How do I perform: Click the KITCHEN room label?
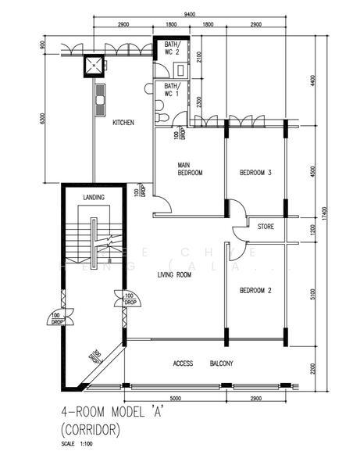tap(123, 123)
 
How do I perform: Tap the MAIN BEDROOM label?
tap(191, 169)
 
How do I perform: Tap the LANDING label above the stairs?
tap(94, 197)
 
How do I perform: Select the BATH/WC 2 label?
tap(171, 49)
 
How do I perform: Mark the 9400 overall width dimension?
tap(190, 14)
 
